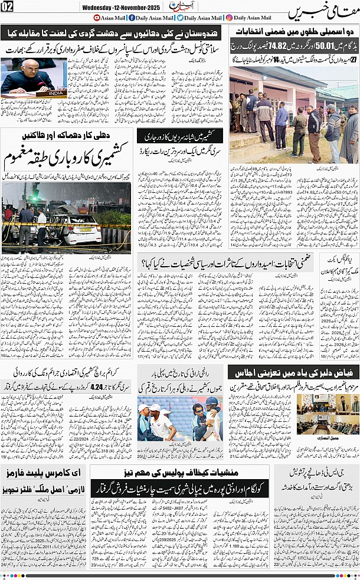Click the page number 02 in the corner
click(8, 6)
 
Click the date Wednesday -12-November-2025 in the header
click(120, 7)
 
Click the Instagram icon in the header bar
click(229, 18)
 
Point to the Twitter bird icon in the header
click(179, 18)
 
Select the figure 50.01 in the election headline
click(326, 44)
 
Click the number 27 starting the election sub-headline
click(352, 60)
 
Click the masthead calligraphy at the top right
click(324, 12)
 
